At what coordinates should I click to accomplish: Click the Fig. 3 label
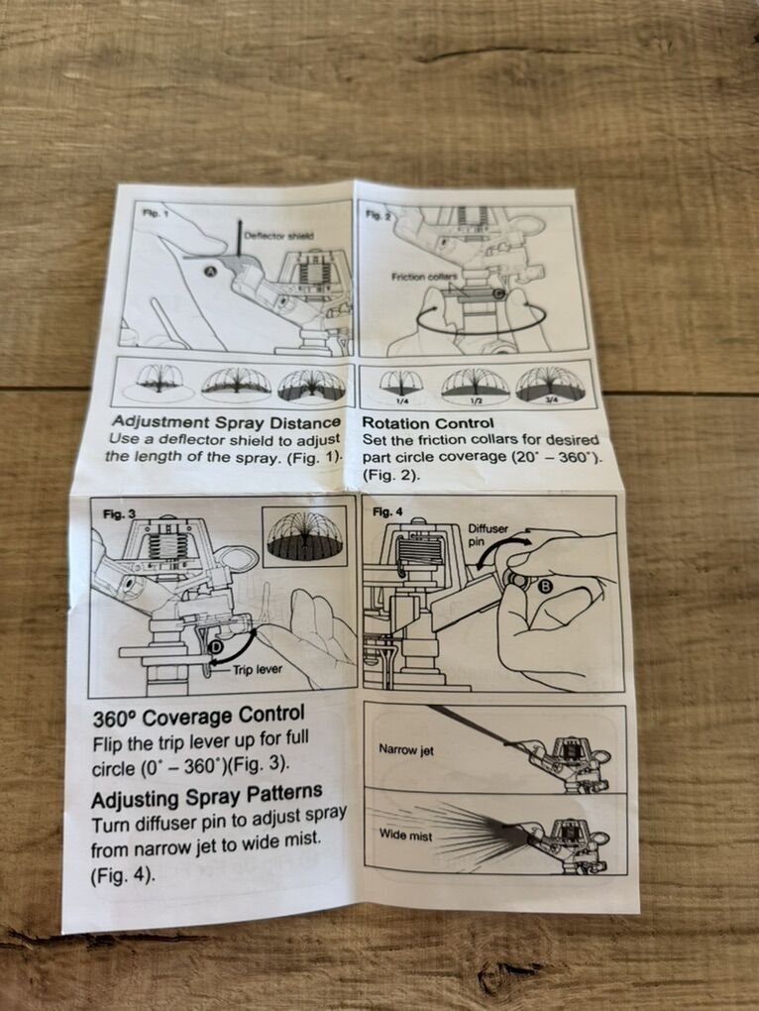click(x=119, y=513)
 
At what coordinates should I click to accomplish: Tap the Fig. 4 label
click(x=387, y=512)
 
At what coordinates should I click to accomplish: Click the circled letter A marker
click(x=210, y=272)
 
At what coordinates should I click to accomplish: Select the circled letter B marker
click(x=544, y=586)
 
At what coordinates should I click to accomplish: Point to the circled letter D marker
click(x=216, y=646)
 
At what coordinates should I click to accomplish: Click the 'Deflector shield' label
click(x=279, y=235)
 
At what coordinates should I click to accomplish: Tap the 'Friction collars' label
click(x=425, y=277)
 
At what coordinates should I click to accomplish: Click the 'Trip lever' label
click(x=257, y=669)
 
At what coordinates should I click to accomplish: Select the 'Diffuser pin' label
click(x=488, y=534)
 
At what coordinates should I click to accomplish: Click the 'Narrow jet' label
click(x=406, y=749)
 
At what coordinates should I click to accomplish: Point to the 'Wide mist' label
click(x=405, y=835)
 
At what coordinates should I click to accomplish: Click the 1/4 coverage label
click(x=401, y=401)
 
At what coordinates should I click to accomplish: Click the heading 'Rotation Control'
click(x=428, y=423)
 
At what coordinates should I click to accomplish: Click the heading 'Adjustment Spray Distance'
click(x=226, y=422)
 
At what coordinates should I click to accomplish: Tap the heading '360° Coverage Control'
click(x=198, y=717)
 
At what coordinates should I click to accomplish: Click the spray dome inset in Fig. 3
click(x=305, y=536)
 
